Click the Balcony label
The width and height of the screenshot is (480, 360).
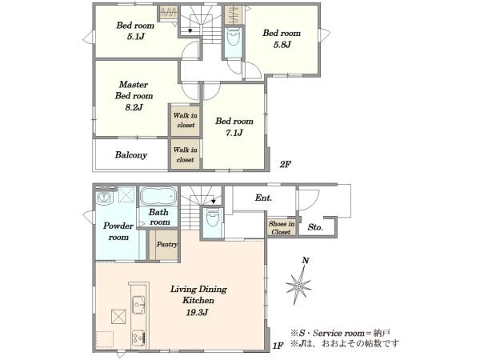click(131, 155)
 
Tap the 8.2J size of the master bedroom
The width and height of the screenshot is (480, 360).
click(134, 107)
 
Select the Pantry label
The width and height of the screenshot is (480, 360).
click(167, 244)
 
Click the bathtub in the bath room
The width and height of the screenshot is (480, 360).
click(158, 196)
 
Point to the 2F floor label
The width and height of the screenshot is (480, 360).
click(285, 164)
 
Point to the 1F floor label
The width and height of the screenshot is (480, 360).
click(278, 346)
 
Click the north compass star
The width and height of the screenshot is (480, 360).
click(298, 286)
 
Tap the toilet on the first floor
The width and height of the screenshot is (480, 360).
click(212, 218)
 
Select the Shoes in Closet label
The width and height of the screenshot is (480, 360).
click(282, 228)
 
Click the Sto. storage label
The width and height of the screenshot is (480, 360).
click(315, 227)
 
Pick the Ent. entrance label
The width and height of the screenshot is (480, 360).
click(263, 198)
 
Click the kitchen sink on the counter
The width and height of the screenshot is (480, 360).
click(139, 305)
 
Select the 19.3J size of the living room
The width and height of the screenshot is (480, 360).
click(197, 313)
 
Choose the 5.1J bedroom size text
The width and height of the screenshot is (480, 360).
click(135, 37)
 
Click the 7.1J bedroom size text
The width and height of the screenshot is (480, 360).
click(234, 133)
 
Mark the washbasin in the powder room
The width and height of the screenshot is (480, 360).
click(105, 198)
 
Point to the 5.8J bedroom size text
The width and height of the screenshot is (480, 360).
click(282, 45)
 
